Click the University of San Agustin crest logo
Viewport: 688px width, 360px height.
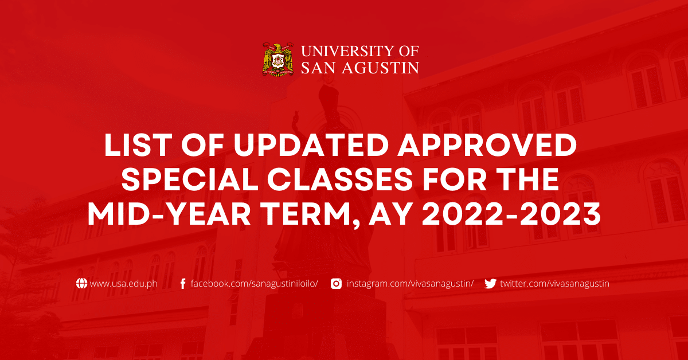pos(278,60)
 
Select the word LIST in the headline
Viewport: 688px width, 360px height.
pos(132,147)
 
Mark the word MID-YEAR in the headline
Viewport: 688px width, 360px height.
pos(169,216)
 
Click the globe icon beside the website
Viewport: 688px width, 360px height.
pos(82,283)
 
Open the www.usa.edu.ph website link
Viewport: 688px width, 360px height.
pos(124,283)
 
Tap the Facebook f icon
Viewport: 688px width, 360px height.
pos(183,283)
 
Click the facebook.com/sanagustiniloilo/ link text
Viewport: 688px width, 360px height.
pos(254,283)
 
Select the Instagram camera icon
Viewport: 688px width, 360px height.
pos(337,283)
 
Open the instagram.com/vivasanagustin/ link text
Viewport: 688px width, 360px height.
pos(410,283)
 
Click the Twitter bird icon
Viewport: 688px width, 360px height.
pos(490,283)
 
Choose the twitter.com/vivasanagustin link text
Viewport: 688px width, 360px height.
pos(554,283)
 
